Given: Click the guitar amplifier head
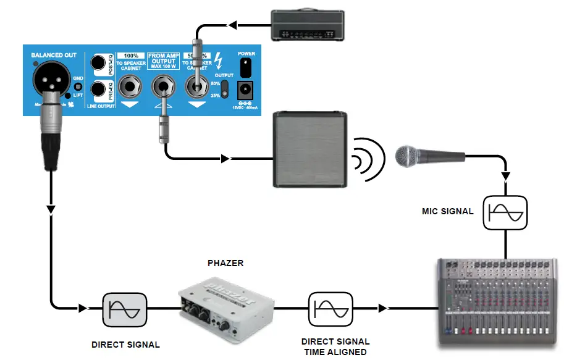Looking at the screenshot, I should point(307,25).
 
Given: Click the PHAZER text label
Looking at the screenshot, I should point(225,263).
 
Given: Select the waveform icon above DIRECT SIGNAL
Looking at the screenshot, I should point(125,308).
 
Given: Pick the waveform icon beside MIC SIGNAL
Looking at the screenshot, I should point(506,212).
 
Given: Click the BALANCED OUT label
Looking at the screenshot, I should point(54,55).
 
